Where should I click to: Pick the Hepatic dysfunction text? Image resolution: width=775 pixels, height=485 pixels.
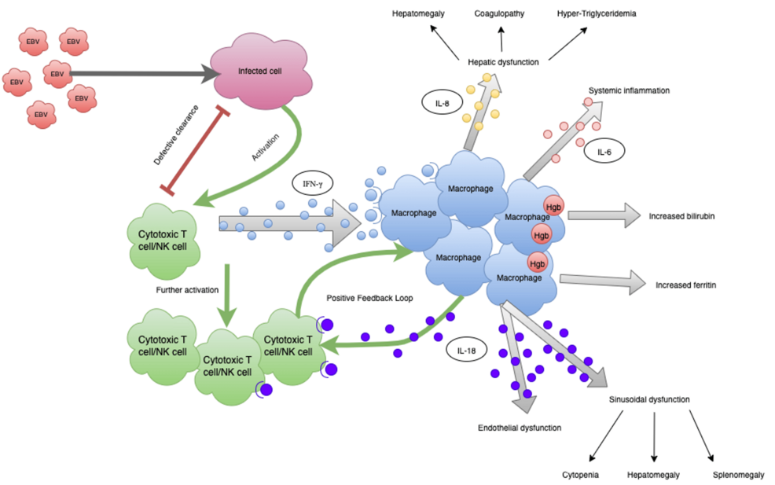click(503, 61)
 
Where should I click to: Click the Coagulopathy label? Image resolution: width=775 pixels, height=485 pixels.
click(499, 13)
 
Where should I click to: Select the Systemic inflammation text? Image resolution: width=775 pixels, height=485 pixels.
click(634, 90)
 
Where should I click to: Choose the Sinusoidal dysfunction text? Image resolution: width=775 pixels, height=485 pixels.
click(649, 399)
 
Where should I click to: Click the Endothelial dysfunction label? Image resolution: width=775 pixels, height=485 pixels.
click(520, 428)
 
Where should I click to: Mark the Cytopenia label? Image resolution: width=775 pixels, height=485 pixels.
click(581, 475)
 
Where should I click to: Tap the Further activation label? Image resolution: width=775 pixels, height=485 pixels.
click(189, 291)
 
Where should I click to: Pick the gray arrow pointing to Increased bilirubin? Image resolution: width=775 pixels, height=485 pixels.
click(602, 215)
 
